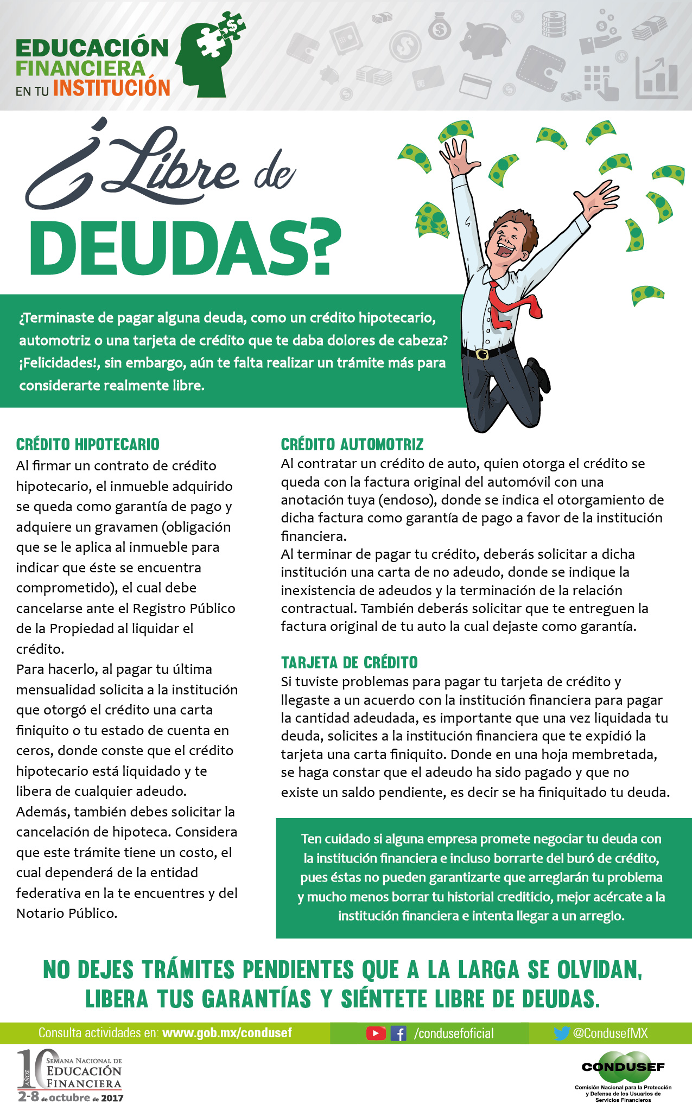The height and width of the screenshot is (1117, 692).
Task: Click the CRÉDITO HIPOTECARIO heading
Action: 88,444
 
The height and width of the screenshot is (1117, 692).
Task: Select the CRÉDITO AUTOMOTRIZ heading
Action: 352,444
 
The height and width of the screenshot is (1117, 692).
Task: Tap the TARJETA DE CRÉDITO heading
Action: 349,662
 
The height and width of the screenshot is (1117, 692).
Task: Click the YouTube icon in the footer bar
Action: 376,1033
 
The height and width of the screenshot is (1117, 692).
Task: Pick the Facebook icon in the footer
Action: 398,1033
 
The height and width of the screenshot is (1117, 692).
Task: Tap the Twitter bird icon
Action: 562,1033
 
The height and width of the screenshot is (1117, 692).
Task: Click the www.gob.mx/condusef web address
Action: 227,1032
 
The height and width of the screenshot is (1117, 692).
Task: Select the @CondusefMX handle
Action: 610,1033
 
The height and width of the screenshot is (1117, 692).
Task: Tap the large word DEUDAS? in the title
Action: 185,248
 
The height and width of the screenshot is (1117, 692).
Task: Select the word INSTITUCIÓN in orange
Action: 112,88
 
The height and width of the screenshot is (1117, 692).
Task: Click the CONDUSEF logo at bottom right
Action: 623,1067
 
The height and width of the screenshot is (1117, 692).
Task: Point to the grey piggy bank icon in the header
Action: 485,41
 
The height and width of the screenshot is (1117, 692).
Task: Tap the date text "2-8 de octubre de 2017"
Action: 71,1097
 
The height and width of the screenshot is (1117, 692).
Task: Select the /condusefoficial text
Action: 454,1033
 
